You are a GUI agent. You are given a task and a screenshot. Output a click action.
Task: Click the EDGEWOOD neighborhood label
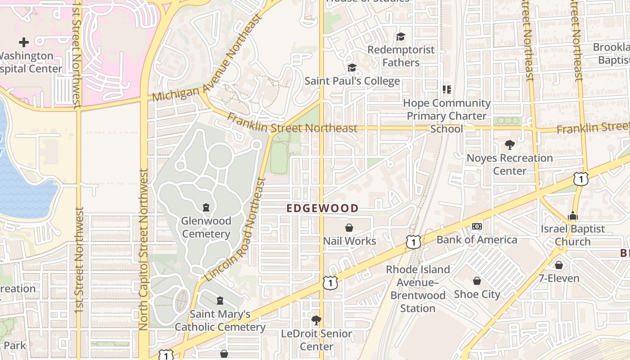pyautogui.click(x=323, y=208)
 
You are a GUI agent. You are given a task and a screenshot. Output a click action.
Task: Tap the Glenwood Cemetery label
pyautogui.click(x=206, y=227)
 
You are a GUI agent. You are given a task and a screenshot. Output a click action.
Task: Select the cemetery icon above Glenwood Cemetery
pyautogui.click(x=206, y=207)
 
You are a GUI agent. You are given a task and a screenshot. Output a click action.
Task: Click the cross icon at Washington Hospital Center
pyautogui.click(x=24, y=42)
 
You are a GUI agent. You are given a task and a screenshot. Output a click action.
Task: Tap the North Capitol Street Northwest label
pyautogui.click(x=144, y=250)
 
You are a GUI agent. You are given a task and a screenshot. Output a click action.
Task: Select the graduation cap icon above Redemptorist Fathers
pyautogui.click(x=400, y=36)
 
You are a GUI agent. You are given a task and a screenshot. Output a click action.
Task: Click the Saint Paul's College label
pyautogui.click(x=352, y=81)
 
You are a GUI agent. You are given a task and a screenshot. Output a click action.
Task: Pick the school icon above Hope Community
pyautogui.click(x=446, y=90)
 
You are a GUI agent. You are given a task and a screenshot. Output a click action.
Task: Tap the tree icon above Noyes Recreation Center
pyautogui.click(x=509, y=145)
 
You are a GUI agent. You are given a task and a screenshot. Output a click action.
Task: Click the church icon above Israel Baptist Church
pyautogui.click(x=572, y=216)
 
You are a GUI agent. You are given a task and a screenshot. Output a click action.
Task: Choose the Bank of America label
pyautogui.click(x=477, y=239)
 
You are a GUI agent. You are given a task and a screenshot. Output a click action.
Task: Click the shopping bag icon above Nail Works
pyautogui.click(x=349, y=228)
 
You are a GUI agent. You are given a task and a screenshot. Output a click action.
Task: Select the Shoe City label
pyautogui.click(x=477, y=294)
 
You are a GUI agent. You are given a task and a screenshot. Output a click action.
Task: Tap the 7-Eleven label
pyautogui.click(x=559, y=278)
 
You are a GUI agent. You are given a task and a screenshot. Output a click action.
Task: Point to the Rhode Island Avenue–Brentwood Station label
pyautogui.click(x=418, y=289)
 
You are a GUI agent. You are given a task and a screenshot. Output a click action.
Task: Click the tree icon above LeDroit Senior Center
pyautogui.click(x=316, y=320)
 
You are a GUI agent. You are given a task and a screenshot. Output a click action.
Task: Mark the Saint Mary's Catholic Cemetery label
pyautogui.click(x=220, y=320)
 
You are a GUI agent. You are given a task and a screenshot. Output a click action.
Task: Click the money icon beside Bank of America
pyautogui.click(x=477, y=226)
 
